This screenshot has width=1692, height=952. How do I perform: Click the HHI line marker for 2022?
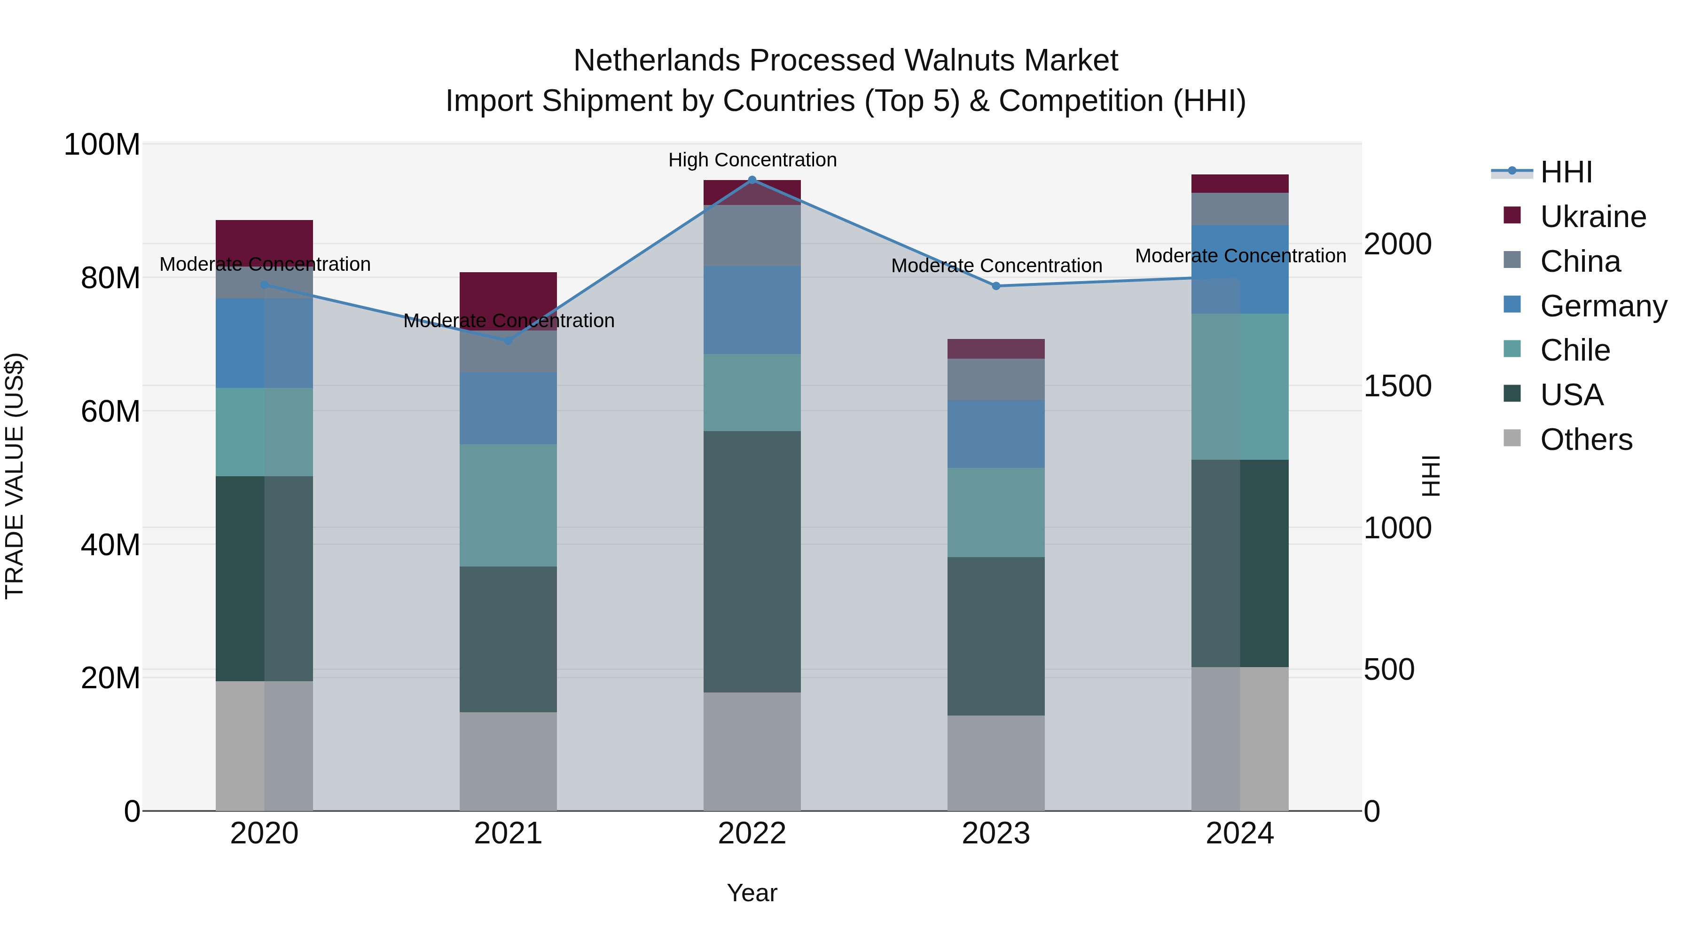[752, 180]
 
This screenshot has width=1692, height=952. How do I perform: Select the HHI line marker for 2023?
[996, 286]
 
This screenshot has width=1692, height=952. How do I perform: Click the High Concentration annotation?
[752, 160]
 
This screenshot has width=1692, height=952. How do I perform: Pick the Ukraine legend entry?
[1592, 217]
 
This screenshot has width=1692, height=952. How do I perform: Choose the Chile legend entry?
[1574, 350]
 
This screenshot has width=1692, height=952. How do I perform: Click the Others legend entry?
[1586, 440]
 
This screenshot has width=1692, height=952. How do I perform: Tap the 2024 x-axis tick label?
[1239, 834]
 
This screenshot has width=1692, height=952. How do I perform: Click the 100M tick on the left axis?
[102, 144]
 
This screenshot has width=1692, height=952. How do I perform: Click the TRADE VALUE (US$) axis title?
[15, 476]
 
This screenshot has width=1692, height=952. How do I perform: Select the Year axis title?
[752, 893]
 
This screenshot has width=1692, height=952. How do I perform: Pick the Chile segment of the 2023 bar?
[996, 512]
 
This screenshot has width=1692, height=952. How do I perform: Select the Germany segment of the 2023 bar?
[996, 433]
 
